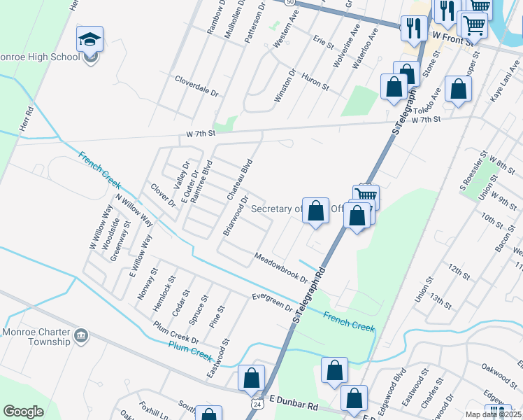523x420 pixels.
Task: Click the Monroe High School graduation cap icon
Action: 89,40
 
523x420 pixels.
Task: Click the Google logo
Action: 23,412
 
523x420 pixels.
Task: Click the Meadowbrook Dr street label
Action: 281,267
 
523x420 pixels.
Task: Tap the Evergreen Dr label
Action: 273,302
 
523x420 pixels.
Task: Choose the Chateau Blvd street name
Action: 238,179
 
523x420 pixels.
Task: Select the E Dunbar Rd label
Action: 294,405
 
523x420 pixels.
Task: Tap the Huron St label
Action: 315,81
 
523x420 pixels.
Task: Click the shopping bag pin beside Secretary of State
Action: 315,211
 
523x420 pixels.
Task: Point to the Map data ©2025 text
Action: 492,414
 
